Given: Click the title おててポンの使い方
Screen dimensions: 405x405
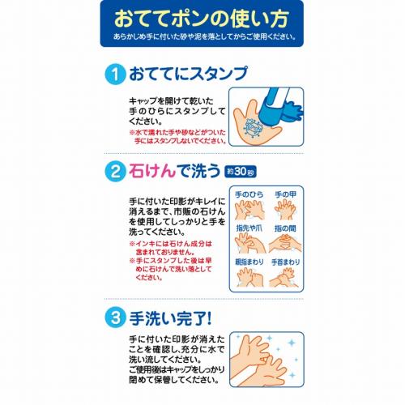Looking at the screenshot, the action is tap(201, 19).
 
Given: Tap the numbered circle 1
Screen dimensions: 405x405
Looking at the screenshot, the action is tap(115, 75).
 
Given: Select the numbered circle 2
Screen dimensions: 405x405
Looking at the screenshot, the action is tap(115, 171).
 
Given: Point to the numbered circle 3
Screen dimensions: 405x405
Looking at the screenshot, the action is tap(115, 318).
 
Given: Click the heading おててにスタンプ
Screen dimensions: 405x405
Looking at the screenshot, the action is tap(188, 74).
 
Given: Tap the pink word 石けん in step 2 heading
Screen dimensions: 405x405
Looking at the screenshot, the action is tap(152, 171).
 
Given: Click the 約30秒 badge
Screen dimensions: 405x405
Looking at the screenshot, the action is tap(241, 172).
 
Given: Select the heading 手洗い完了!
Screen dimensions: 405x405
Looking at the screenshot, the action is tap(170, 318).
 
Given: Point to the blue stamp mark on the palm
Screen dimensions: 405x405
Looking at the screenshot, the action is tap(253, 128).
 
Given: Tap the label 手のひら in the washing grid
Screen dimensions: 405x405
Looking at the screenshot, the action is tap(249, 194).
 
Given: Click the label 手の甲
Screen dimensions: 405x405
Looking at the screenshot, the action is tap(285, 194).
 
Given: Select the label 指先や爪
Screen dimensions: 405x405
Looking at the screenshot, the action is tap(249, 228).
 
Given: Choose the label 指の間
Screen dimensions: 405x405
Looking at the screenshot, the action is tap(285, 228).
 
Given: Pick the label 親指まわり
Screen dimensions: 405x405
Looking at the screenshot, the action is tap(249, 262).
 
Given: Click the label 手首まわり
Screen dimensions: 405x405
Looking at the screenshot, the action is tap(285, 262).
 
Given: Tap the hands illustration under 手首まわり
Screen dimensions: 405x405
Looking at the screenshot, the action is tap(283, 277).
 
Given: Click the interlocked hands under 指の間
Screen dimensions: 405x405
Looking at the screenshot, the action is tap(285, 243).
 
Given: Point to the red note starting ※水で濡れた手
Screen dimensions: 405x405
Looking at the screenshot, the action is tap(177, 137).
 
